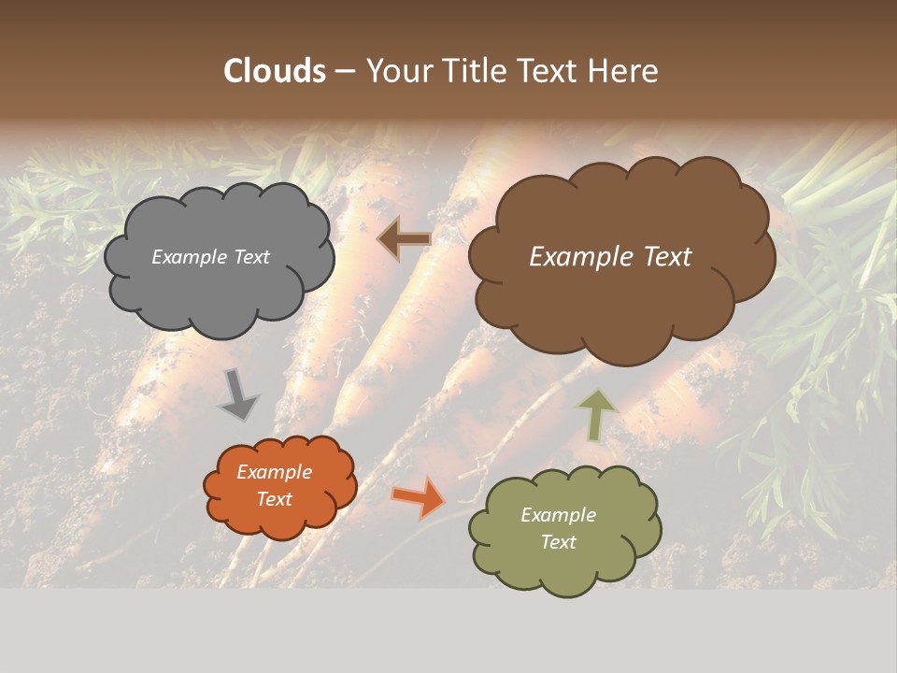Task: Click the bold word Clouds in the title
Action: tap(275, 71)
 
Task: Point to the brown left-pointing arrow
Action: tap(405, 238)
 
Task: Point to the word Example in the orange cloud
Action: tap(275, 472)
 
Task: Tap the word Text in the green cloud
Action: tap(559, 542)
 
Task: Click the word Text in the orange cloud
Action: tap(275, 499)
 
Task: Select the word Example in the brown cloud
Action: tap(577, 257)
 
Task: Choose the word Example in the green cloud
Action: tap(559, 515)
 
